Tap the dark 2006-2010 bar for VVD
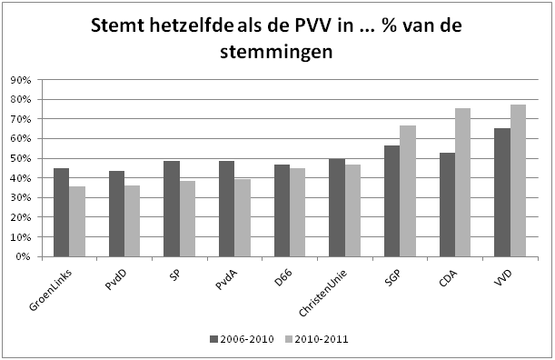(501, 193)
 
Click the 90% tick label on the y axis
(20, 80)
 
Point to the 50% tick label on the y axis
(20, 158)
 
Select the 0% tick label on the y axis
(23, 256)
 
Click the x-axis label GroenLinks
(55, 284)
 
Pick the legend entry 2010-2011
(318, 339)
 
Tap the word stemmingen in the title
(276, 54)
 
